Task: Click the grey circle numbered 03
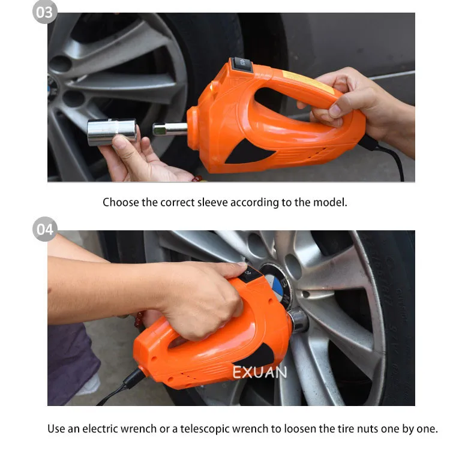click(44, 12)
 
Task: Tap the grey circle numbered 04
click(45, 229)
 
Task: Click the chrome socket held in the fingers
click(112, 132)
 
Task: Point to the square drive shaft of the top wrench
click(170, 129)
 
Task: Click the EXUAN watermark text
click(259, 372)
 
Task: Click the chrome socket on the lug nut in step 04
click(298, 320)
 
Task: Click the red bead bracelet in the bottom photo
click(139, 320)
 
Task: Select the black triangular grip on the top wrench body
click(248, 152)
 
